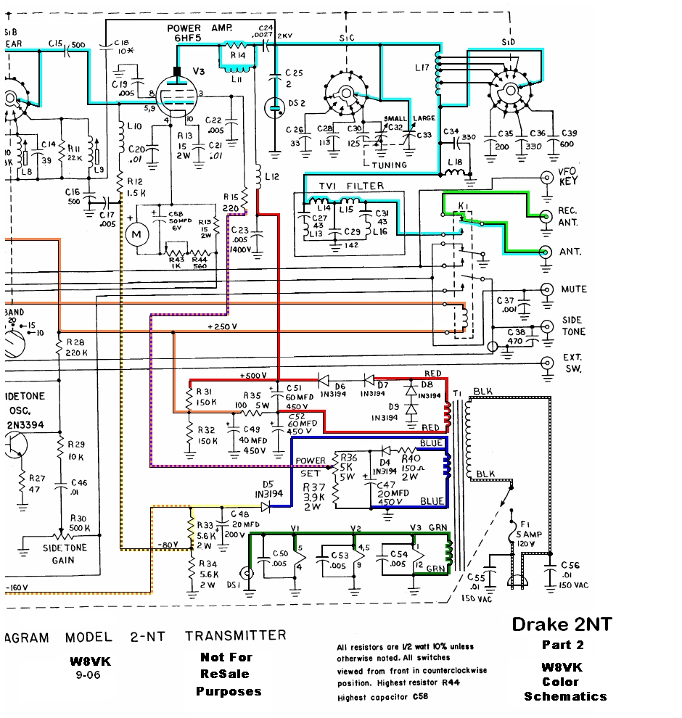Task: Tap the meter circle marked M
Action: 136,234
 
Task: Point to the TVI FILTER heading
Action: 351,186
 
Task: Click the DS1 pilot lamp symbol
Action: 248,573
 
